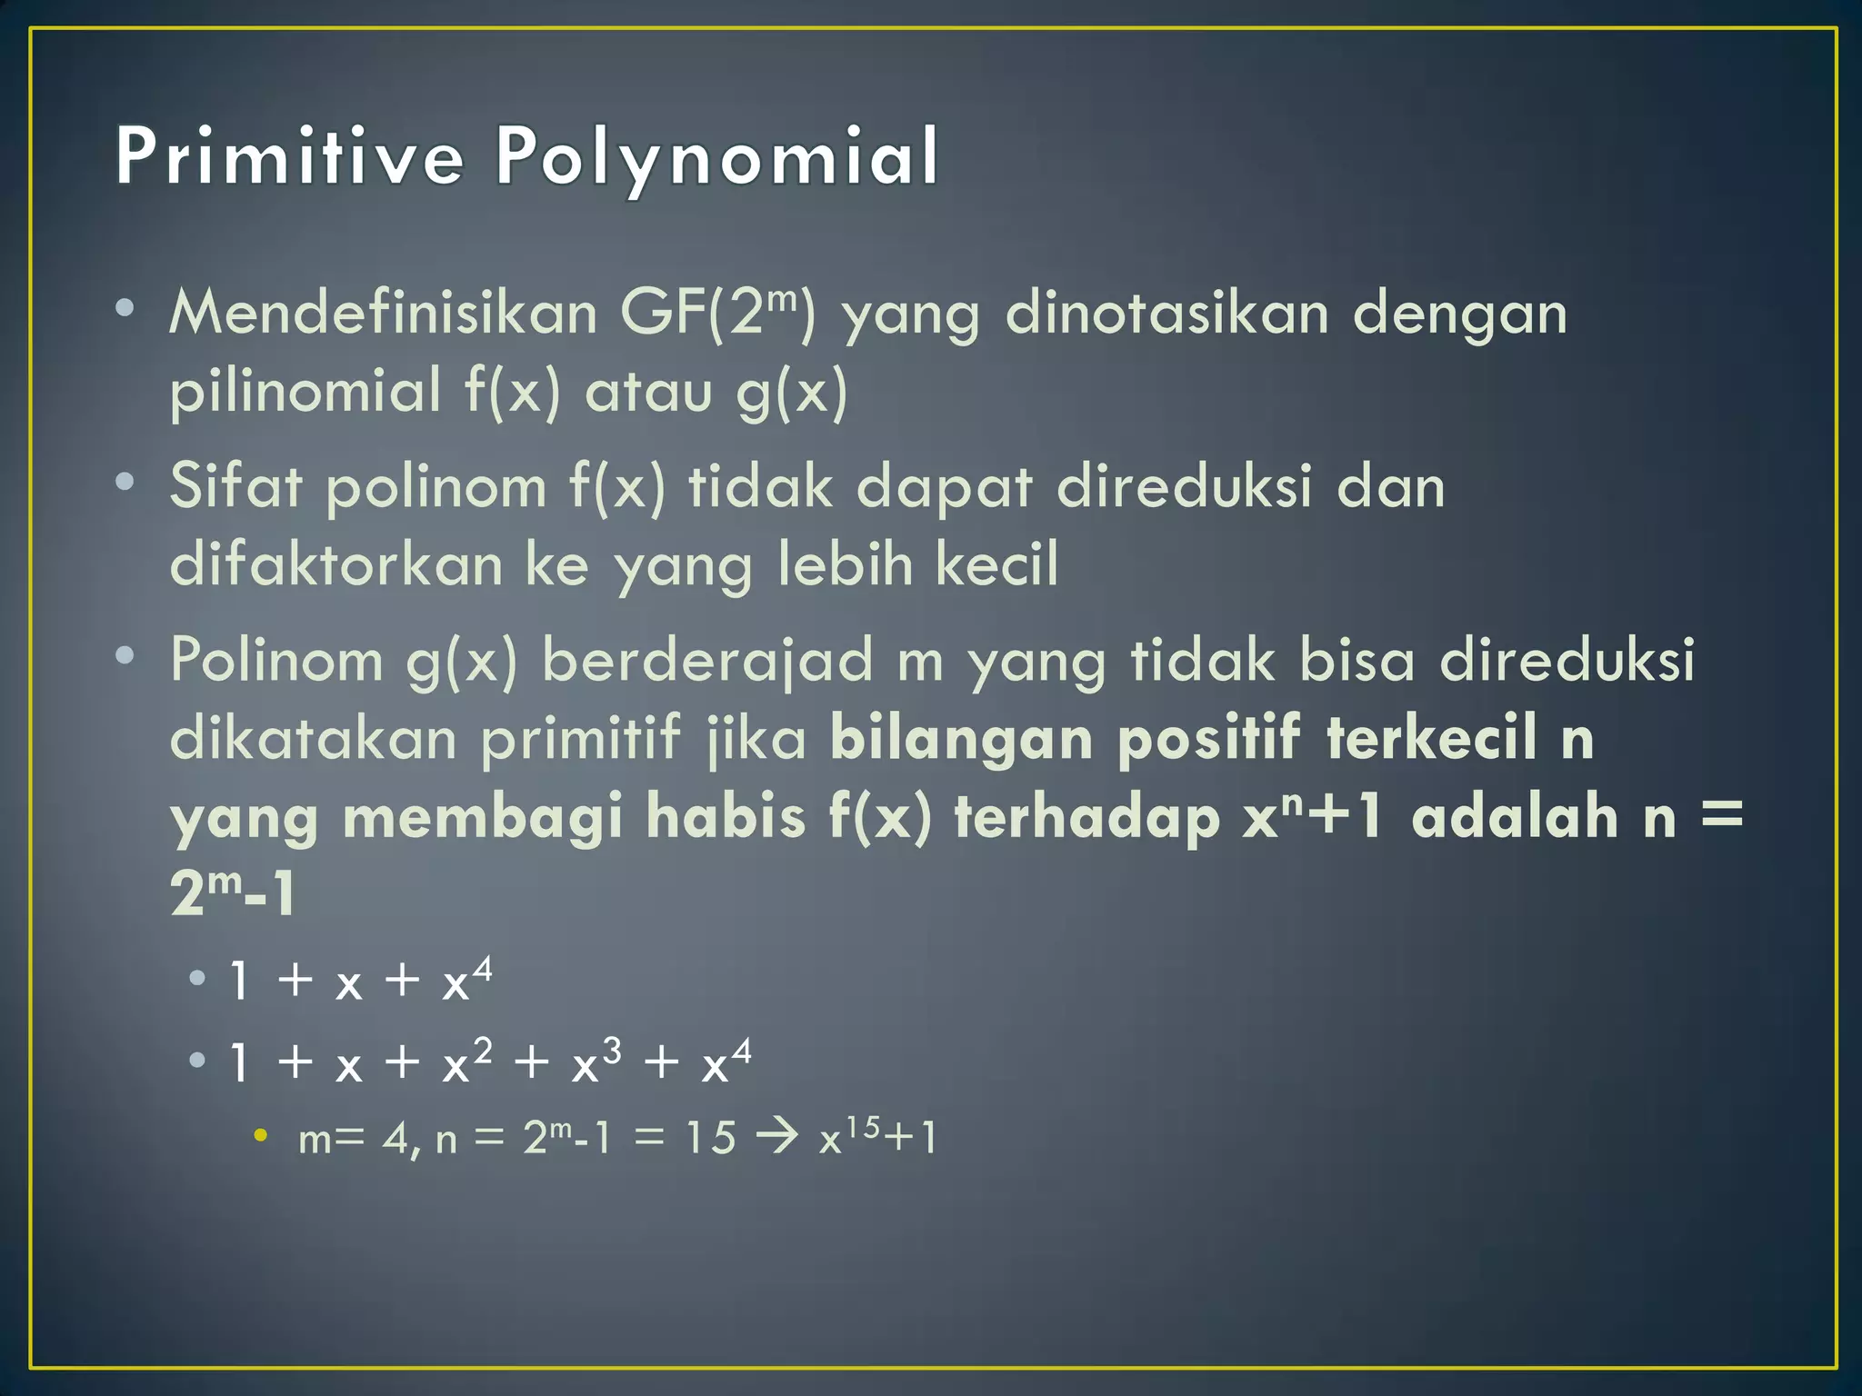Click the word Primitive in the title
tap(289, 156)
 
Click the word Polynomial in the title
tap(716, 158)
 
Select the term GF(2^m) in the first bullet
tap(718, 312)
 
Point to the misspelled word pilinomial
tap(305, 391)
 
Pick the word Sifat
tap(235, 485)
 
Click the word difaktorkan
tap(336, 563)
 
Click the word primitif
tap(580, 737)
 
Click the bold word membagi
tap(483, 815)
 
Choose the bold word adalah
tap(1514, 815)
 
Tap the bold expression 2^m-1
tap(233, 892)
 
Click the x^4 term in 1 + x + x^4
tap(466, 980)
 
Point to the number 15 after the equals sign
tap(710, 1137)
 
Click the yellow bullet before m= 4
tap(261, 1135)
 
